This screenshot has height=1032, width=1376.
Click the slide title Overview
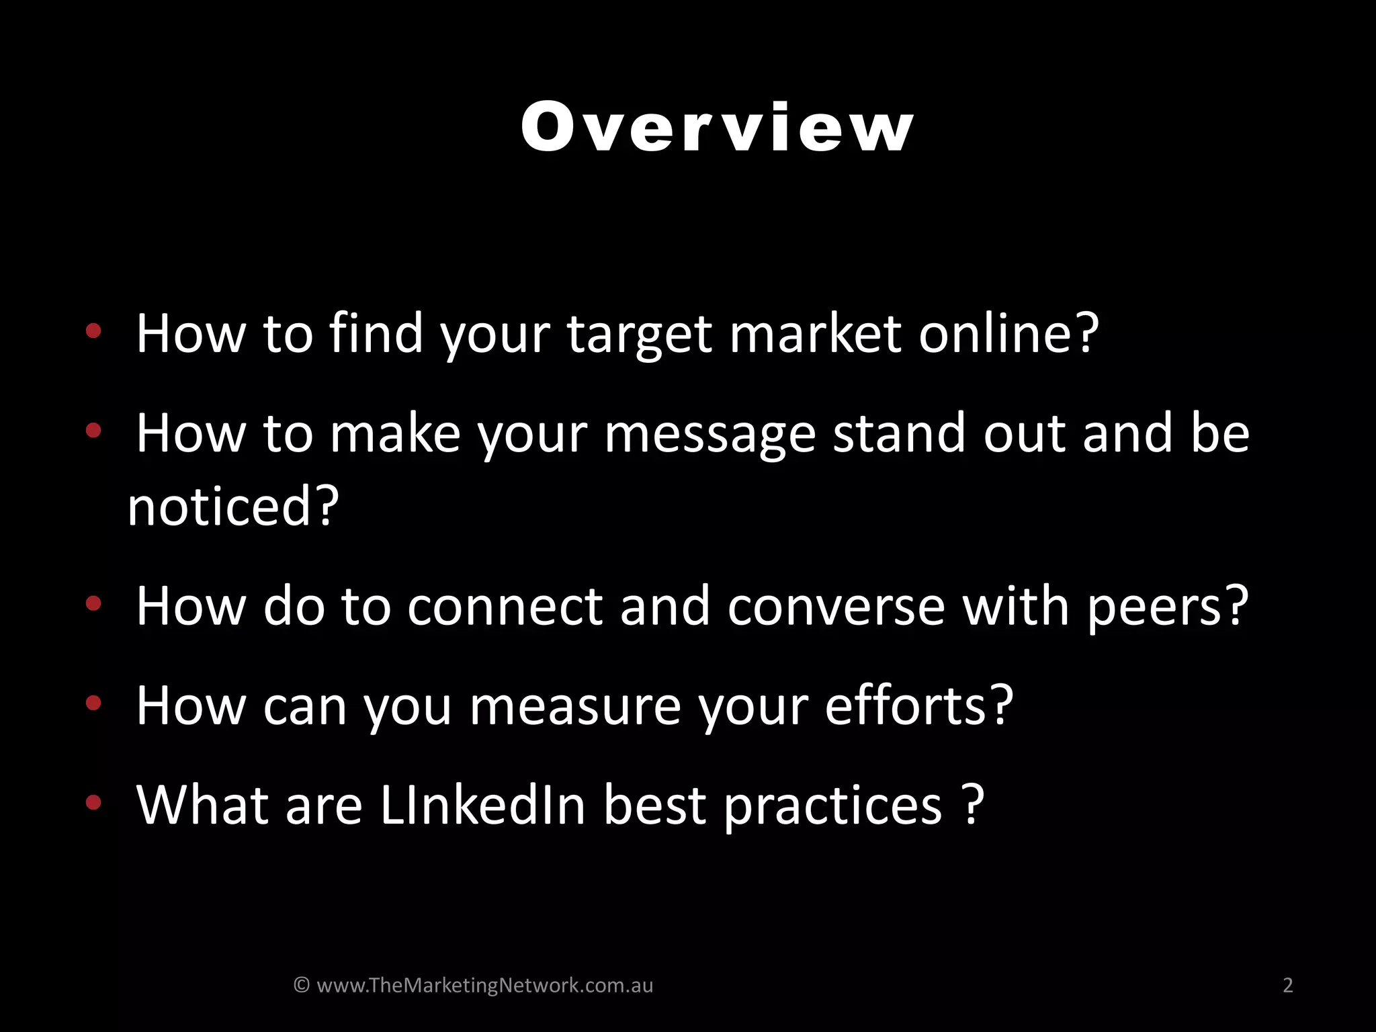[x=717, y=127]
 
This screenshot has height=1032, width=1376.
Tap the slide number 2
[x=1287, y=985]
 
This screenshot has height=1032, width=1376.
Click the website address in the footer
[x=484, y=985]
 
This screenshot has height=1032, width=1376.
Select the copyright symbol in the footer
[x=302, y=985]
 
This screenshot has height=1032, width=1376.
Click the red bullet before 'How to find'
[x=93, y=330]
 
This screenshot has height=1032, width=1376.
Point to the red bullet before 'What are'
[x=93, y=802]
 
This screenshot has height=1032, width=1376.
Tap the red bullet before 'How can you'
[x=93, y=703]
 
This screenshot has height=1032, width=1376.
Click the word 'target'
[x=639, y=334]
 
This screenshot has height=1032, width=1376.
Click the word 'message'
[x=709, y=435]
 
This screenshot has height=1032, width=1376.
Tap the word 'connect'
[x=505, y=606]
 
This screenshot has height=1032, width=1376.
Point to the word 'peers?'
[x=1168, y=607]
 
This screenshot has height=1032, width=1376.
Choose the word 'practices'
[x=833, y=806]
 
